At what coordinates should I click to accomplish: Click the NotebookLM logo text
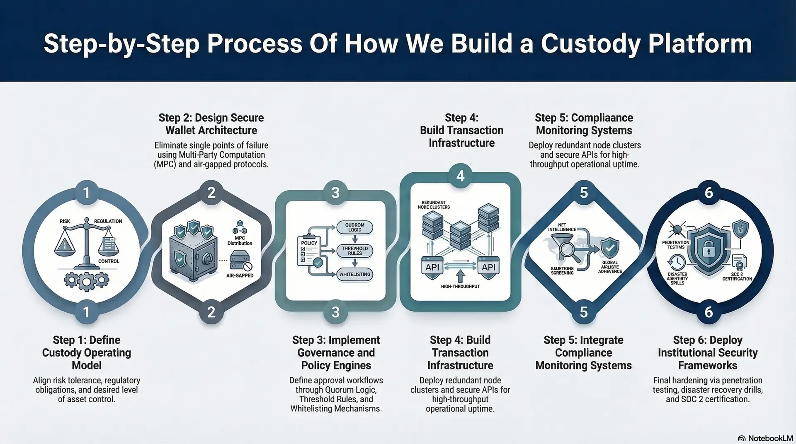tap(770, 438)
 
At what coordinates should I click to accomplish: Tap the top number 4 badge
tap(460, 176)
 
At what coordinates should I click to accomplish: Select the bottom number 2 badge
tap(211, 312)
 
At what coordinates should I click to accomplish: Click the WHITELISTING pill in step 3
tap(354, 275)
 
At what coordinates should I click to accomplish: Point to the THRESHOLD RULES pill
tap(354, 251)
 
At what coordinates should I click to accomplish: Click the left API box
tap(432, 267)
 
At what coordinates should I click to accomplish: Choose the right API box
tap(488, 267)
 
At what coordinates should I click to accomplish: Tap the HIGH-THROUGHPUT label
tap(460, 287)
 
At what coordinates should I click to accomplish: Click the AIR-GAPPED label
tap(240, 275)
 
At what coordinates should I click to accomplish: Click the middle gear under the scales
tap(86, 282)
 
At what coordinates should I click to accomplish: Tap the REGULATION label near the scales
tap(108, 221)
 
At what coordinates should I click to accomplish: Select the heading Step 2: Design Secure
tap(211, 118)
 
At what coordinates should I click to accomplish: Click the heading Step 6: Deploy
tap(708, 340)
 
